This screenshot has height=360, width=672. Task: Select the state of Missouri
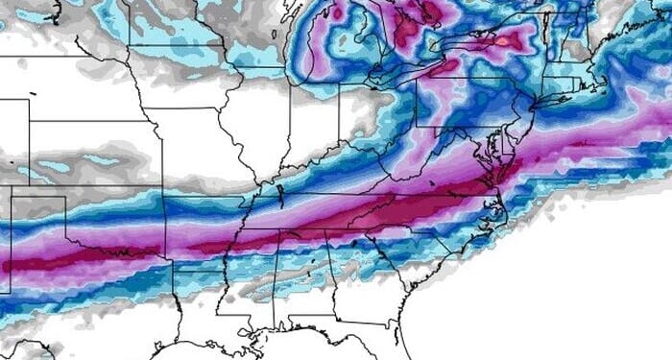click(x=197, y=144)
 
